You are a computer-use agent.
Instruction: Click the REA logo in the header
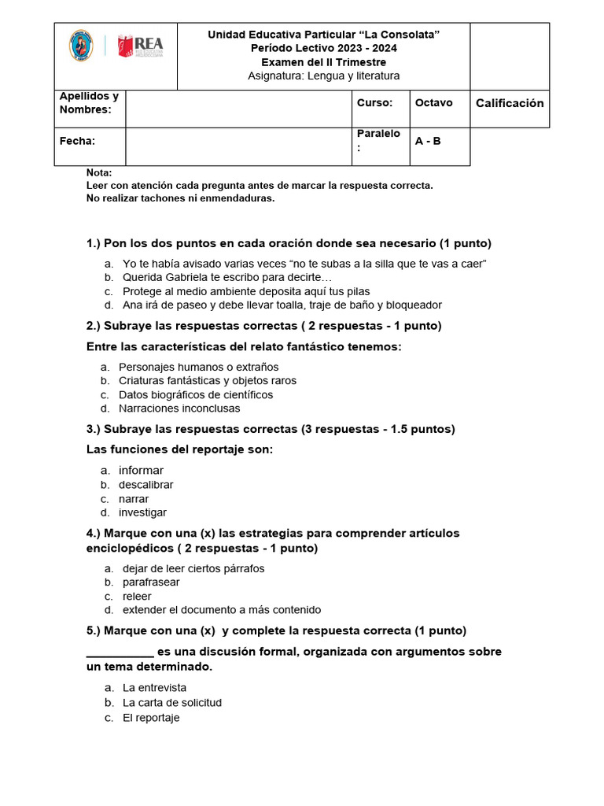click(x=139, y=46)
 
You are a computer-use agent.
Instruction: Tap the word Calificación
click(x=510, y=103)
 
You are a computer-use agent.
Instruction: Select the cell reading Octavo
click(x=433, y=103)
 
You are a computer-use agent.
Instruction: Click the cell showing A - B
click(x=428, y=141)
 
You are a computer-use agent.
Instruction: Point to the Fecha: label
click(x=78, y=141)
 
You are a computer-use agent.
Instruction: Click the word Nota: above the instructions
click(x=99, y=172)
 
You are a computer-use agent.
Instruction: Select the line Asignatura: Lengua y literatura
click(x=323, y=76)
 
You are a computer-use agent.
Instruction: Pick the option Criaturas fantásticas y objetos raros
click(x=208, y=381)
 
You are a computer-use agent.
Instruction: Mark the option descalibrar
click(x=146, y=485)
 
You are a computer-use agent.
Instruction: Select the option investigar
click(x=142, y=513)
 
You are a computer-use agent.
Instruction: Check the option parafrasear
click(x=151, y=582)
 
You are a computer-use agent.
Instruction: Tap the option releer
click(x=137, y=597)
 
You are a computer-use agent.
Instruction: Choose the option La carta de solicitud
click(x=172, y=702)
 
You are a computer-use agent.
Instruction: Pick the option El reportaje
click(x=151, y=718)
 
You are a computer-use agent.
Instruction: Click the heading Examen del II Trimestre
click(x=323, y=62)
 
